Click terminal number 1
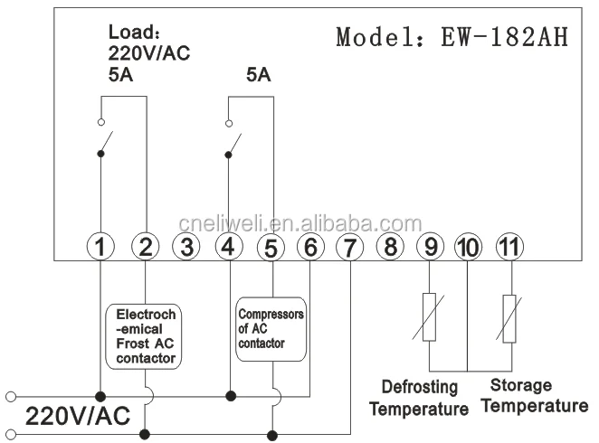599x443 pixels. pos(103,245)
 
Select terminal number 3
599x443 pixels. pos(186,245)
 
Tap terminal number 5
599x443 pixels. pos(269,245)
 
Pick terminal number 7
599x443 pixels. pos(347,245)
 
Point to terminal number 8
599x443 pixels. pos(388,245)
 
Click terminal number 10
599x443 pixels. pos(468,245)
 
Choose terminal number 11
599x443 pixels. pos(509,245)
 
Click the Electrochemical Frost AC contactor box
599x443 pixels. pos(146,336)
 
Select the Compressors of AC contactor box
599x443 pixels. pos(270,329)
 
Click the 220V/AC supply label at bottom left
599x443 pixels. pos(78,416)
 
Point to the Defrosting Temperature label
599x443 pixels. pos(418,398)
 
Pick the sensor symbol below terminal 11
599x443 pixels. pos(509,316)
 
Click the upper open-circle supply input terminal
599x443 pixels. pos(11,396)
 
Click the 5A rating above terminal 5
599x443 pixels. pos(259,76)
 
